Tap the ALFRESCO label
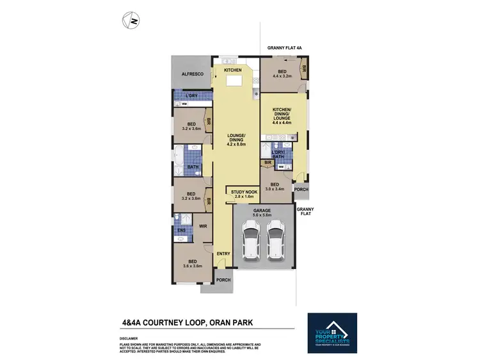[x=193, y=74]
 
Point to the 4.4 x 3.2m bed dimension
[x=282, y=76]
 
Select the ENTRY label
[x=223, y=254]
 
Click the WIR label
[x=202, y=226]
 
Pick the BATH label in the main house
[x=193, y=167]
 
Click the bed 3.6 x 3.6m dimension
[x=193, y=266]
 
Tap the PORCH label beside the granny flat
[x=300, y=190]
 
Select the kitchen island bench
[x=233, y=81]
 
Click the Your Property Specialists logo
[x=332, y=333]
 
